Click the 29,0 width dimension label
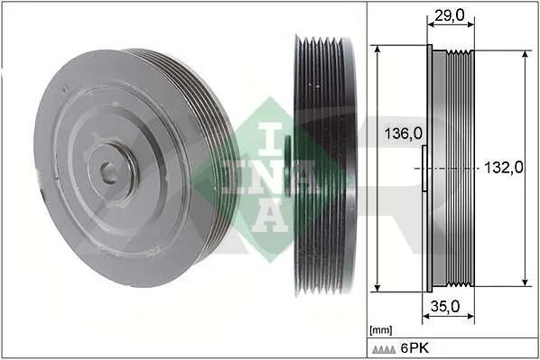450,15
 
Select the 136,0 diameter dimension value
403,134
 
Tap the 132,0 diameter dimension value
504,168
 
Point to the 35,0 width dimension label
445,306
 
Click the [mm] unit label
380,331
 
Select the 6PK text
415,348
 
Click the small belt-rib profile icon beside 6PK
384,349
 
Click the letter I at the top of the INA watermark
270,136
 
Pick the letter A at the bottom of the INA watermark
270,217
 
